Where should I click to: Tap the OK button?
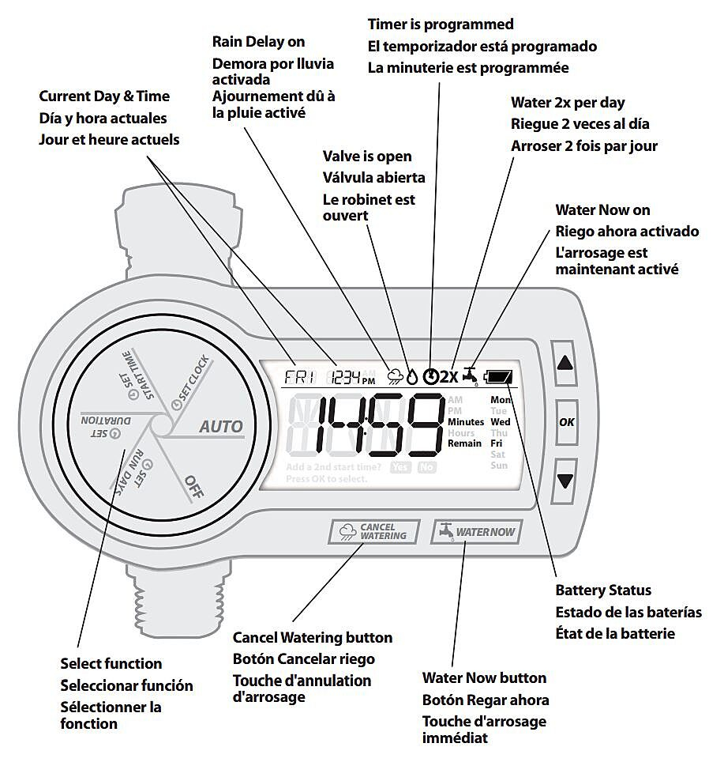pyautogui.click(x=566, y=422)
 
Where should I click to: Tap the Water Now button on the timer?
pyautogui.click(x=476, y=532)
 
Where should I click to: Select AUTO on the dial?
pyautogui.click(x=221, y=427)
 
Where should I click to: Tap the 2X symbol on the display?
pyautogui.click(x=449, y=376)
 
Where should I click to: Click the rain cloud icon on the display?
pyautogui.click(x=394, y=377)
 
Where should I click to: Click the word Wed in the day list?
pyautogui.click(x=501, y=422)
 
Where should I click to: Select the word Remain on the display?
pyautogui.click(x=464, y=443)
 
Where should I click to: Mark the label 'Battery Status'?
pyautogui.click(x=603, y=590)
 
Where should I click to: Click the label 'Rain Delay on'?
pyautogui.click(x=259, y=42)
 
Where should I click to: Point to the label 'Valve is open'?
pyautogui.click(x=367, y=157)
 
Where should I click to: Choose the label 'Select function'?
pyautogui.click(x=111, y=664)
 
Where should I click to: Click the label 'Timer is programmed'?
pyautogui.click(x=441, y=25)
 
